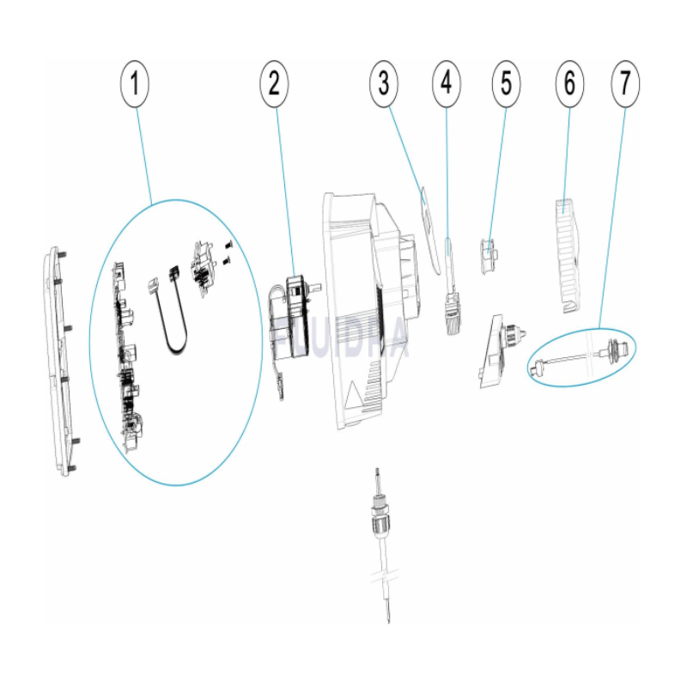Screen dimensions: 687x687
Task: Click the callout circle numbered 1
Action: click(x=135, y=84)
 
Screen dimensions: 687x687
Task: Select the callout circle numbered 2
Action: click(x=273, y=84)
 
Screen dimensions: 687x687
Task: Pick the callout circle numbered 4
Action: click(x=446, y=84)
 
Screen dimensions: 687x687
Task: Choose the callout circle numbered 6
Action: click(x=568, y=84)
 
